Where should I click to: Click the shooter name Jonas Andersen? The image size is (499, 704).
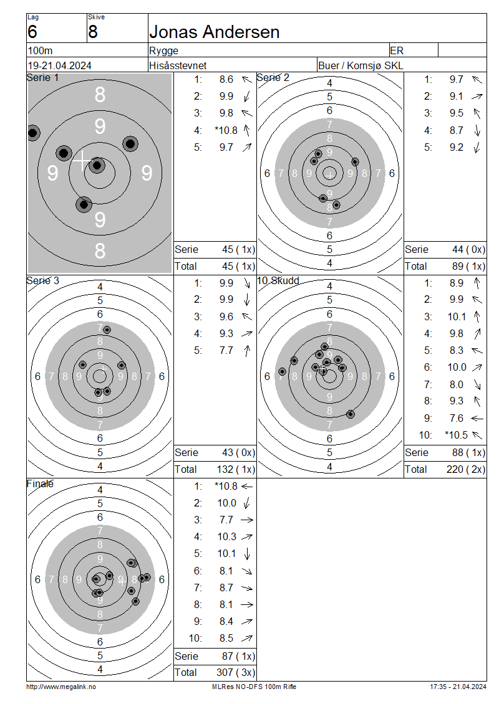click(215, 32)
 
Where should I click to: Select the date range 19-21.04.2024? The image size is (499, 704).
click(60, 65)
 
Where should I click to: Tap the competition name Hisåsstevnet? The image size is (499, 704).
click(178, 65)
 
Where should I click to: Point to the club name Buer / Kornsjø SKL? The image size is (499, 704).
click(361, 65)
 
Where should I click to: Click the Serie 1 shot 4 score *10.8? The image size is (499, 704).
click(226, 130)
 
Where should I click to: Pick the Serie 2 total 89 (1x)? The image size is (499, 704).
click(468, 266)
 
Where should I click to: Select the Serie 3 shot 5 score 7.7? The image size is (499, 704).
click(226, 350)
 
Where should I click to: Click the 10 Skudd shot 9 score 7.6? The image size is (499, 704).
click(457, 418)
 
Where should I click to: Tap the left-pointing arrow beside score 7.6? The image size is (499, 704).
click(477, 419)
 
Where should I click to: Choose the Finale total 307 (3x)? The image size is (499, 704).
click(236, 672)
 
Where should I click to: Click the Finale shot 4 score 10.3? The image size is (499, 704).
click(226, 536)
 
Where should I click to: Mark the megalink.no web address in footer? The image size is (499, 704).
click(61, 687)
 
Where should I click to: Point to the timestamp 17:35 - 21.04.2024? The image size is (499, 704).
click(458, 687)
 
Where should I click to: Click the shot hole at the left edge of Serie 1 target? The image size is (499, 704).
click(32, 133)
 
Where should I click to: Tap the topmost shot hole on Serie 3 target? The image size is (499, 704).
click(107, 330)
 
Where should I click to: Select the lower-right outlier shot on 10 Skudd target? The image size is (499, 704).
click(351, 414)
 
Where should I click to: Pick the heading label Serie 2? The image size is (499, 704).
click(273, 78)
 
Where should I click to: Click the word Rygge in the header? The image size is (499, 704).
click(163, 50)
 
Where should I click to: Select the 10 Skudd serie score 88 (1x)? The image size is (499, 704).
click(468, 452)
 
